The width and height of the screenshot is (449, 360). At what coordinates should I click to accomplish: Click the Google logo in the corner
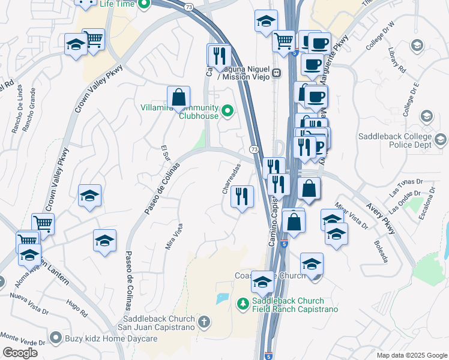[20, 353]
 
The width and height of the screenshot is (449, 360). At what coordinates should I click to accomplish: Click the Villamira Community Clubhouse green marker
[228, 111]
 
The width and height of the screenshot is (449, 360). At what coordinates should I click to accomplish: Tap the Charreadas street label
[228, 178]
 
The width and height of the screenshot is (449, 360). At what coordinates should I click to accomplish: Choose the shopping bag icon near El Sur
[178, 97]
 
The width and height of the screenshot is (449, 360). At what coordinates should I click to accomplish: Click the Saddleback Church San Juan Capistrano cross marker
[204, 323]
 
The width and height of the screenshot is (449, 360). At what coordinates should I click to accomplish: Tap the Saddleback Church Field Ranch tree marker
[243, 305]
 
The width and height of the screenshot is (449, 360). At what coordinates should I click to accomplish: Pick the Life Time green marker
[143, 4]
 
